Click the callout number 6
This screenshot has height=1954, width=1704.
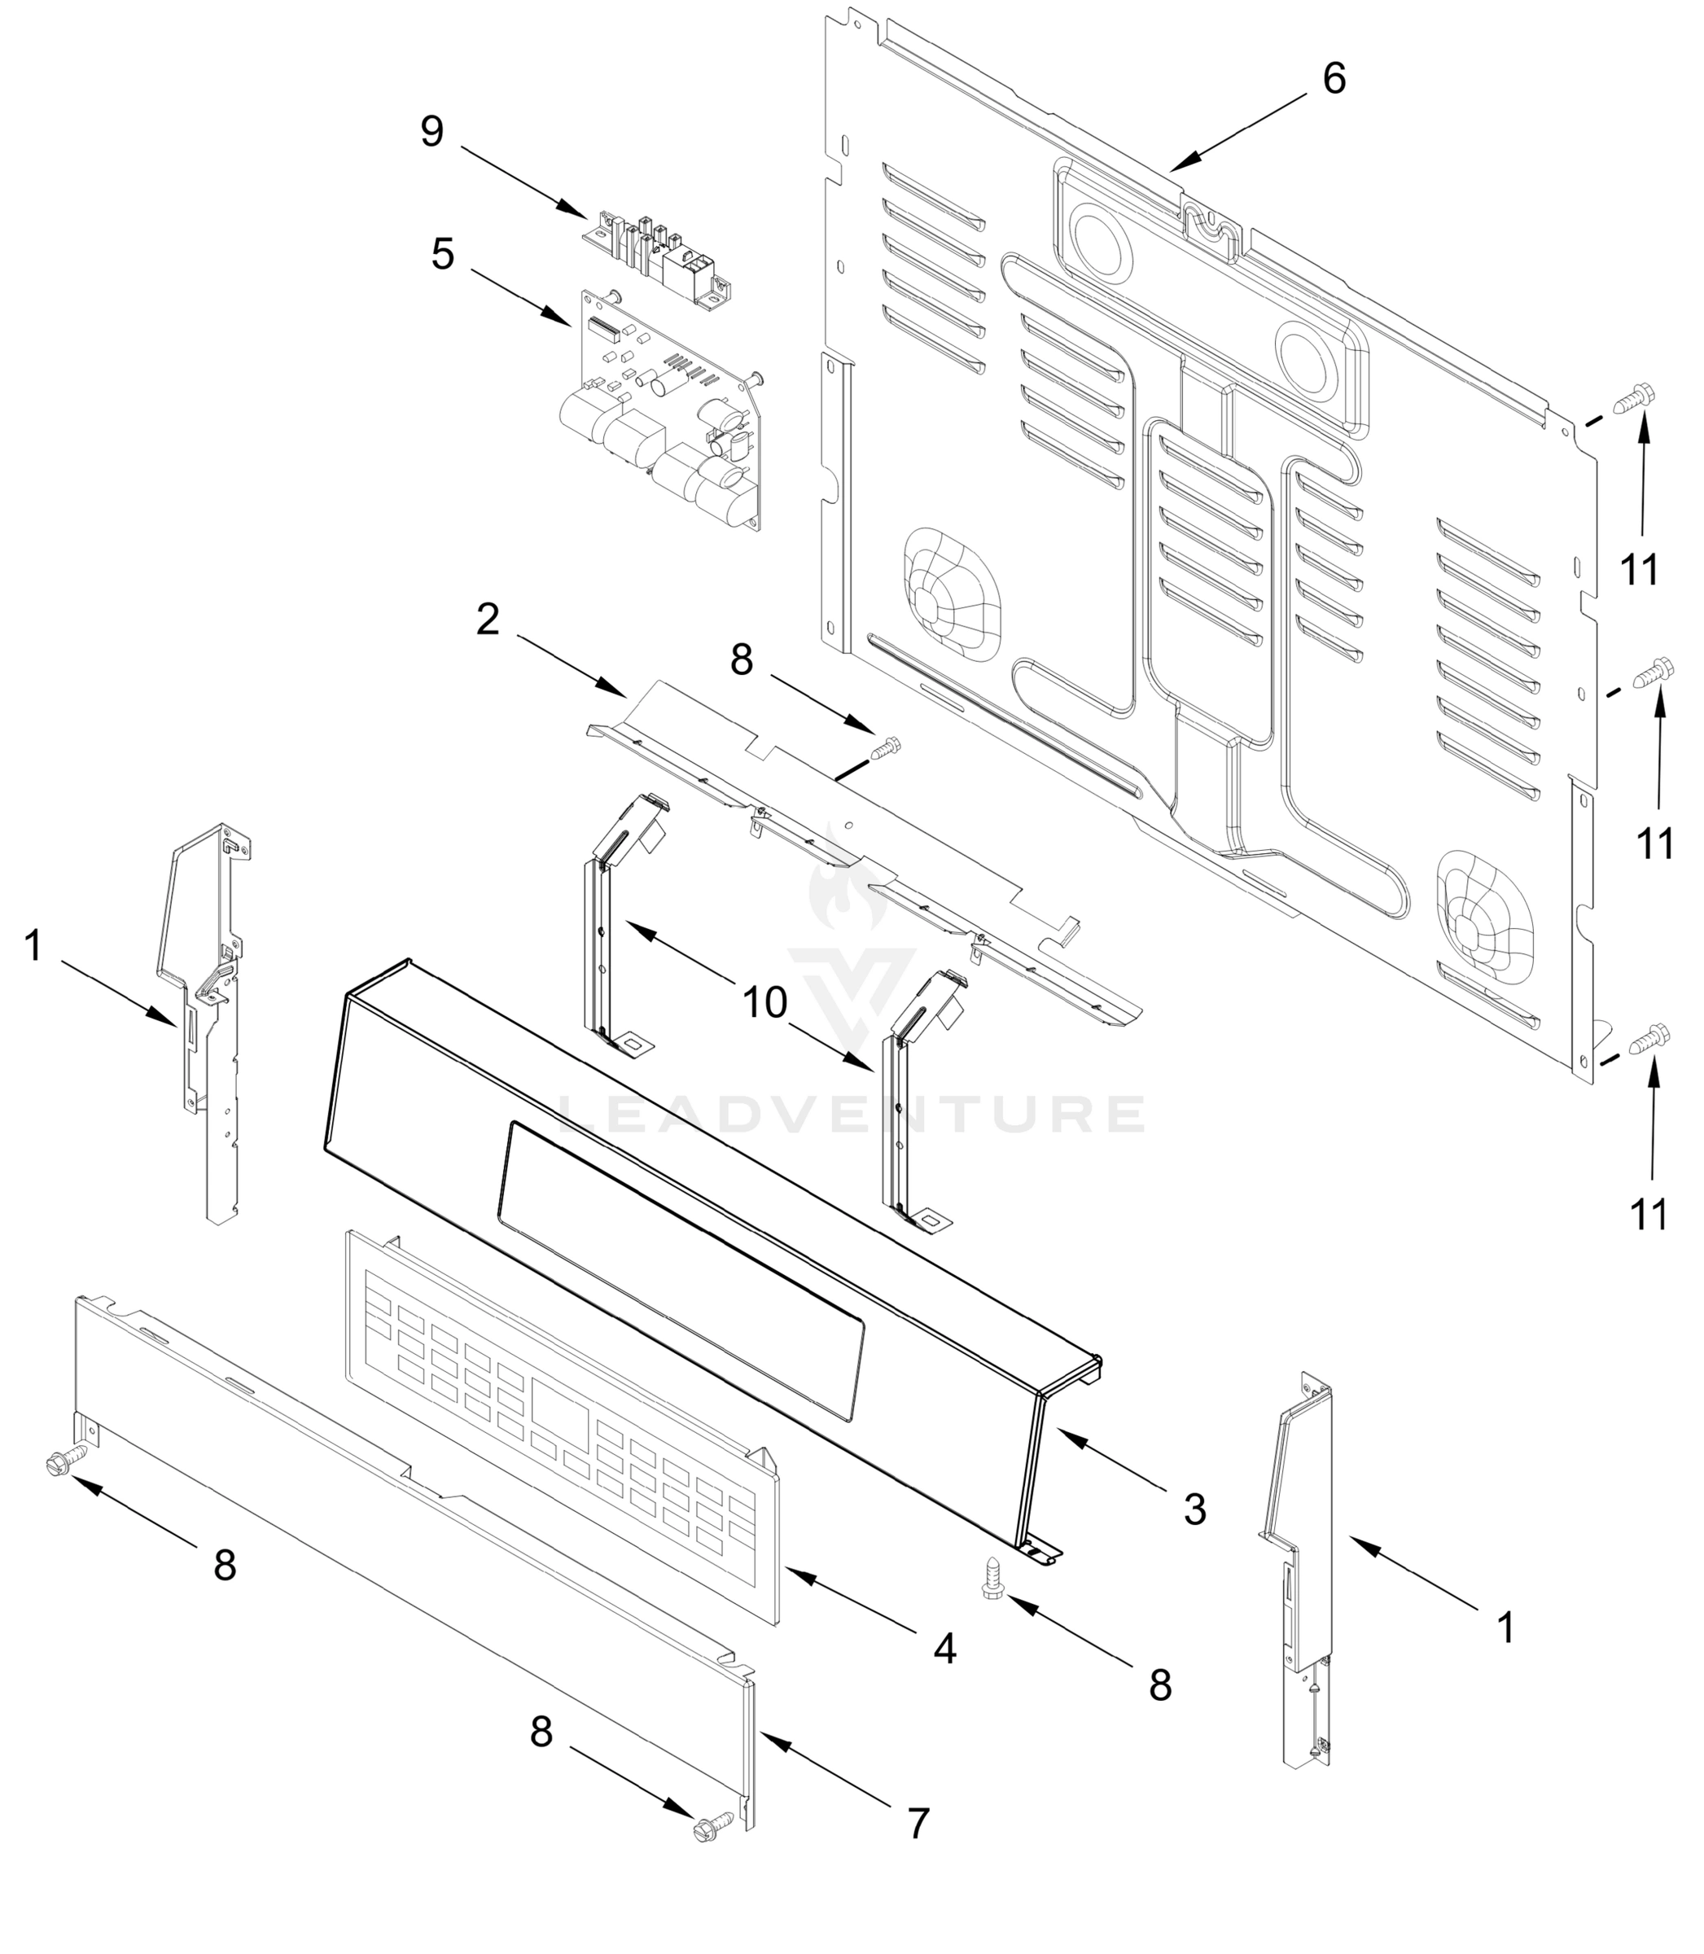[1334, 79]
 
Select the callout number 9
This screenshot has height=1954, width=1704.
[431, 131]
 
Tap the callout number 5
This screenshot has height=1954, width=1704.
[442, 255]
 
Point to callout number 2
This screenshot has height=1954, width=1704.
[487, 621]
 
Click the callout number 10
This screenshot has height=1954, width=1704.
[765, 1002]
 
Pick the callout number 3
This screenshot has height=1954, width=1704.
[1194, 1509]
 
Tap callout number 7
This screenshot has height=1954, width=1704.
[917, 1824]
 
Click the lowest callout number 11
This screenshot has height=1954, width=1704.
[1649, 1216]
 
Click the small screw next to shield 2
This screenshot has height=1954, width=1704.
[887, 747]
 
